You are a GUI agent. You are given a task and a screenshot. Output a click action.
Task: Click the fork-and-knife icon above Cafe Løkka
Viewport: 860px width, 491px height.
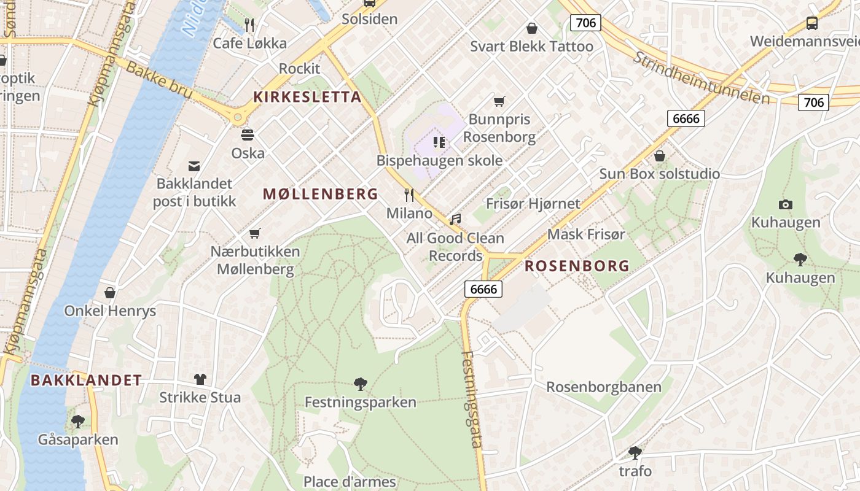tap(249, 25)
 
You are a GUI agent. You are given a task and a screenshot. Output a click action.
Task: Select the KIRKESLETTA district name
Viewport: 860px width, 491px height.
tap(307, 97)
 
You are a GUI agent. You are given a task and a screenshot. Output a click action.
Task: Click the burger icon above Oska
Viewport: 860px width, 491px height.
tap(248, 135)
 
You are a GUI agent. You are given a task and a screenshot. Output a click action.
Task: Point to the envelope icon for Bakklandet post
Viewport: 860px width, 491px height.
tap(194, 166)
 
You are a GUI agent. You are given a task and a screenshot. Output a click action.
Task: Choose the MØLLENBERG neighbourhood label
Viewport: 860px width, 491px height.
tap(320, 195)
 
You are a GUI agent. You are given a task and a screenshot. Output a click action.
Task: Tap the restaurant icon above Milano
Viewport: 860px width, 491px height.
tap(409, 195)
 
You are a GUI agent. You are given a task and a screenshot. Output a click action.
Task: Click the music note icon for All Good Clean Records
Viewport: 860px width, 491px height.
tap(455, 219)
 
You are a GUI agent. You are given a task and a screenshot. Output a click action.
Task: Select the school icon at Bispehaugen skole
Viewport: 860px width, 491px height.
tap(439, 142)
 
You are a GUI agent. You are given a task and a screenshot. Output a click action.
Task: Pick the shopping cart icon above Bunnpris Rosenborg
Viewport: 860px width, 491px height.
tap(499, 101)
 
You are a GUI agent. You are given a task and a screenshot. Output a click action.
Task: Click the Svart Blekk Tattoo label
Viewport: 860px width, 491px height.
tap(531, 47)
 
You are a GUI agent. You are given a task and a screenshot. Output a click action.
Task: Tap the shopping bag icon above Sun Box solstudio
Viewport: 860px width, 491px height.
tap(659, 156)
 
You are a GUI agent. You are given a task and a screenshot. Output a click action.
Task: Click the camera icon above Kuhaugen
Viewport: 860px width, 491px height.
tap(785, 204)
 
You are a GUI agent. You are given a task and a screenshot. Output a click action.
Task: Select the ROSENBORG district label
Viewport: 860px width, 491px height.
tap(576, 266)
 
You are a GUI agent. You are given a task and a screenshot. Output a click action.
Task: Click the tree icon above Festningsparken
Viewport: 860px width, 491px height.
tap(361, 385)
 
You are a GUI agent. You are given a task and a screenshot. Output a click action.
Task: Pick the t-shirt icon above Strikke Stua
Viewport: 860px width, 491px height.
tap(200, 379)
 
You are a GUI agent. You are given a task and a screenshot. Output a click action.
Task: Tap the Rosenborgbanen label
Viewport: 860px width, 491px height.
tap(604, 387)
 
